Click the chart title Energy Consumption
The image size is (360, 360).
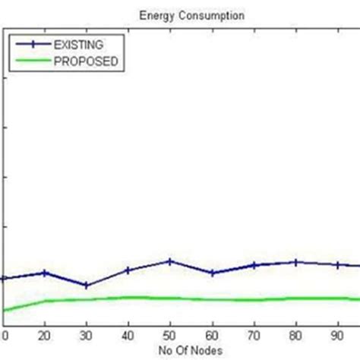[180, 14]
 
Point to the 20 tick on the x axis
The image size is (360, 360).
[46, 335]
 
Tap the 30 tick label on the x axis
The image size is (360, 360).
[87, 335]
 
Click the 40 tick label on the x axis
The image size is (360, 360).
[128, 335]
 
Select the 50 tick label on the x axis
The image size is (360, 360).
[170, 335]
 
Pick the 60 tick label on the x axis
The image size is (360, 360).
[212, 335]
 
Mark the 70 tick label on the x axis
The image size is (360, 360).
[254, 335]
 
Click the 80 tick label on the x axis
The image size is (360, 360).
[295, 335]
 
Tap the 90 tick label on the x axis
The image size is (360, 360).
[337, 335]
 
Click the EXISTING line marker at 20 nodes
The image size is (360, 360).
[46, 273]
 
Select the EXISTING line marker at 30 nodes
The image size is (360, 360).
[87, 286]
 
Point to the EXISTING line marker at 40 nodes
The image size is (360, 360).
[128, 270]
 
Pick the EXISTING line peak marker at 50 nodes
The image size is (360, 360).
[170, 261]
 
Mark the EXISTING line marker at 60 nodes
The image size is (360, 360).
[212, 273]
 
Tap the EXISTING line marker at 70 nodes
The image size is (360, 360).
[254, 265]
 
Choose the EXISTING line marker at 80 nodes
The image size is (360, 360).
[295, 262]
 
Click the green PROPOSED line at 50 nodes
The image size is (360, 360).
[170, 298]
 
